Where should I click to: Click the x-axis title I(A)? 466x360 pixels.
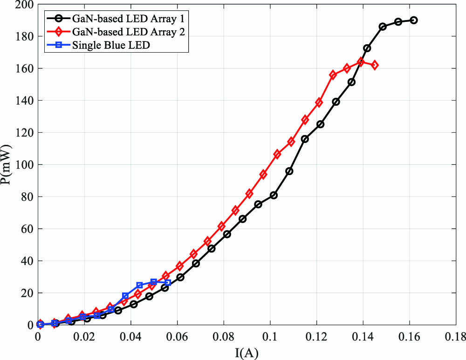[x=247, y=353]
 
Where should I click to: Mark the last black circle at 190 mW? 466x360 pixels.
[x=414, y=20]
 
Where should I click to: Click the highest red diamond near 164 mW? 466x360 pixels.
[x=361, y=62]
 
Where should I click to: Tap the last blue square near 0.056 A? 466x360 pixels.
[x=168, y=283]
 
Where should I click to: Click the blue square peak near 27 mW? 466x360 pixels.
[x=154, y=282]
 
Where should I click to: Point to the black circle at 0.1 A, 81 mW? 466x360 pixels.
[x=274, y=195]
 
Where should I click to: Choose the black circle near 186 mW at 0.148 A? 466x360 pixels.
[x=383, y=27]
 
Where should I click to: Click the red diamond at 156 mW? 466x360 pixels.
[x=333, y=75]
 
